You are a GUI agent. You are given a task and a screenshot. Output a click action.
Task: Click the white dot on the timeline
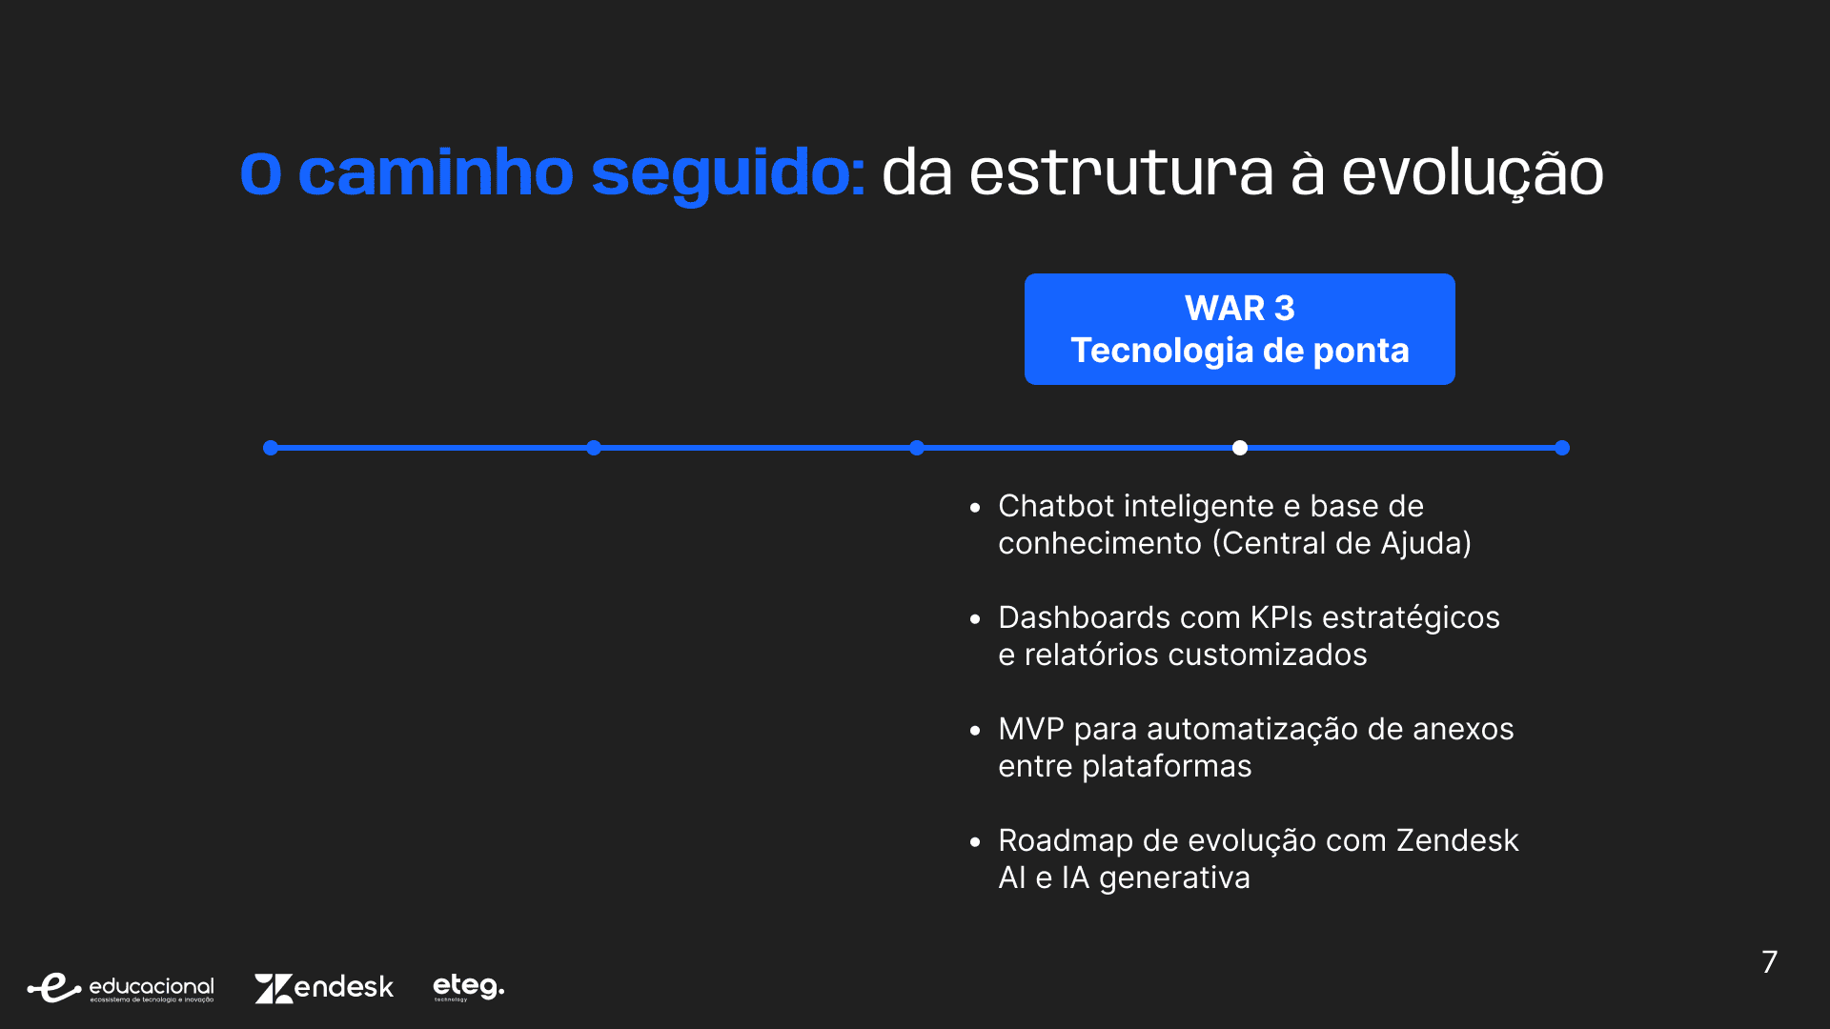click(1239, 448)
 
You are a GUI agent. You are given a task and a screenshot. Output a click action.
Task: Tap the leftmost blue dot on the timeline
click(271, 448)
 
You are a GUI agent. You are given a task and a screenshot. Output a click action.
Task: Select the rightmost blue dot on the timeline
click(1562, 448)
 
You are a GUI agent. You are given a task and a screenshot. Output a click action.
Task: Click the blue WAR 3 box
click(1239, 329)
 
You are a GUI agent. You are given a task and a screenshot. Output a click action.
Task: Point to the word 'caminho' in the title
click(436, 172)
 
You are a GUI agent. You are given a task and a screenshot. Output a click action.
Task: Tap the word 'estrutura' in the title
click(1121, 174)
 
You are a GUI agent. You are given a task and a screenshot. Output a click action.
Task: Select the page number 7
click(1769, 961)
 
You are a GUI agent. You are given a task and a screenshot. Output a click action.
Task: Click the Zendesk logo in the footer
click(324, 987)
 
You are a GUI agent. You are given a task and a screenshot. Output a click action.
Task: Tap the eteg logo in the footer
click(468, 986)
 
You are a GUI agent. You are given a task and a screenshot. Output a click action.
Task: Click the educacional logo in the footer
click(121, 988)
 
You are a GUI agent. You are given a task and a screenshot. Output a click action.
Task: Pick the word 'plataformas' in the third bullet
click(1167, 767)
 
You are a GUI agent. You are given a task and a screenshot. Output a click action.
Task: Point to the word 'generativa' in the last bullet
click(1174, 878)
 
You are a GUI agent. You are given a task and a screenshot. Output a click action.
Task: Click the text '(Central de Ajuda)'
click(1342, 544)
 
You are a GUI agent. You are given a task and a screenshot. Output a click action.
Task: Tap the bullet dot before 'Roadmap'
click(974, 842)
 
